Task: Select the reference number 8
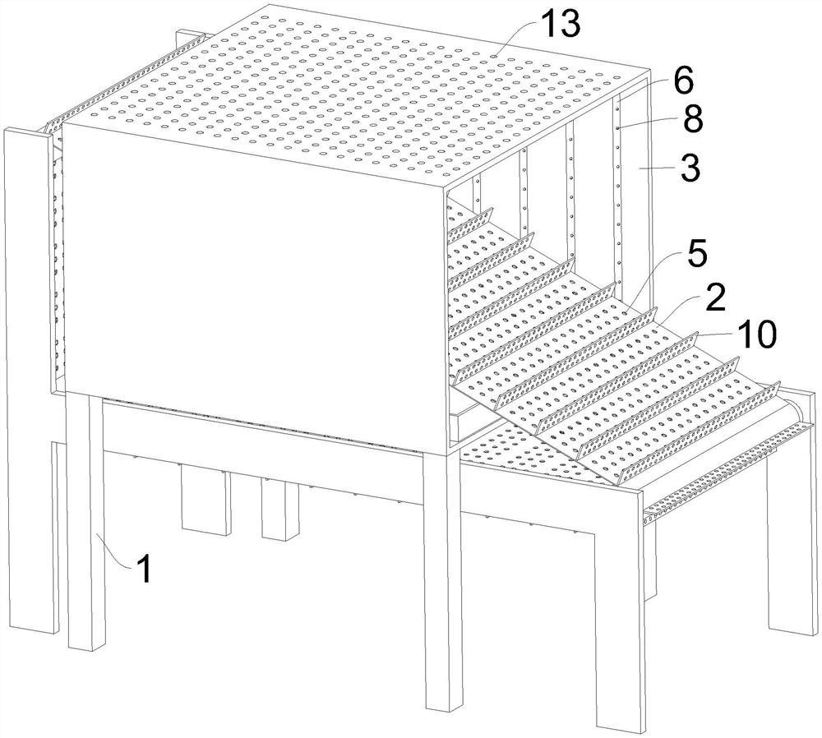692,121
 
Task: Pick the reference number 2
713,298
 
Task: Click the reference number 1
144,569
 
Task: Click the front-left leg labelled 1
85,526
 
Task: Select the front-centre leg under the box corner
442,575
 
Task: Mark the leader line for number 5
649,279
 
